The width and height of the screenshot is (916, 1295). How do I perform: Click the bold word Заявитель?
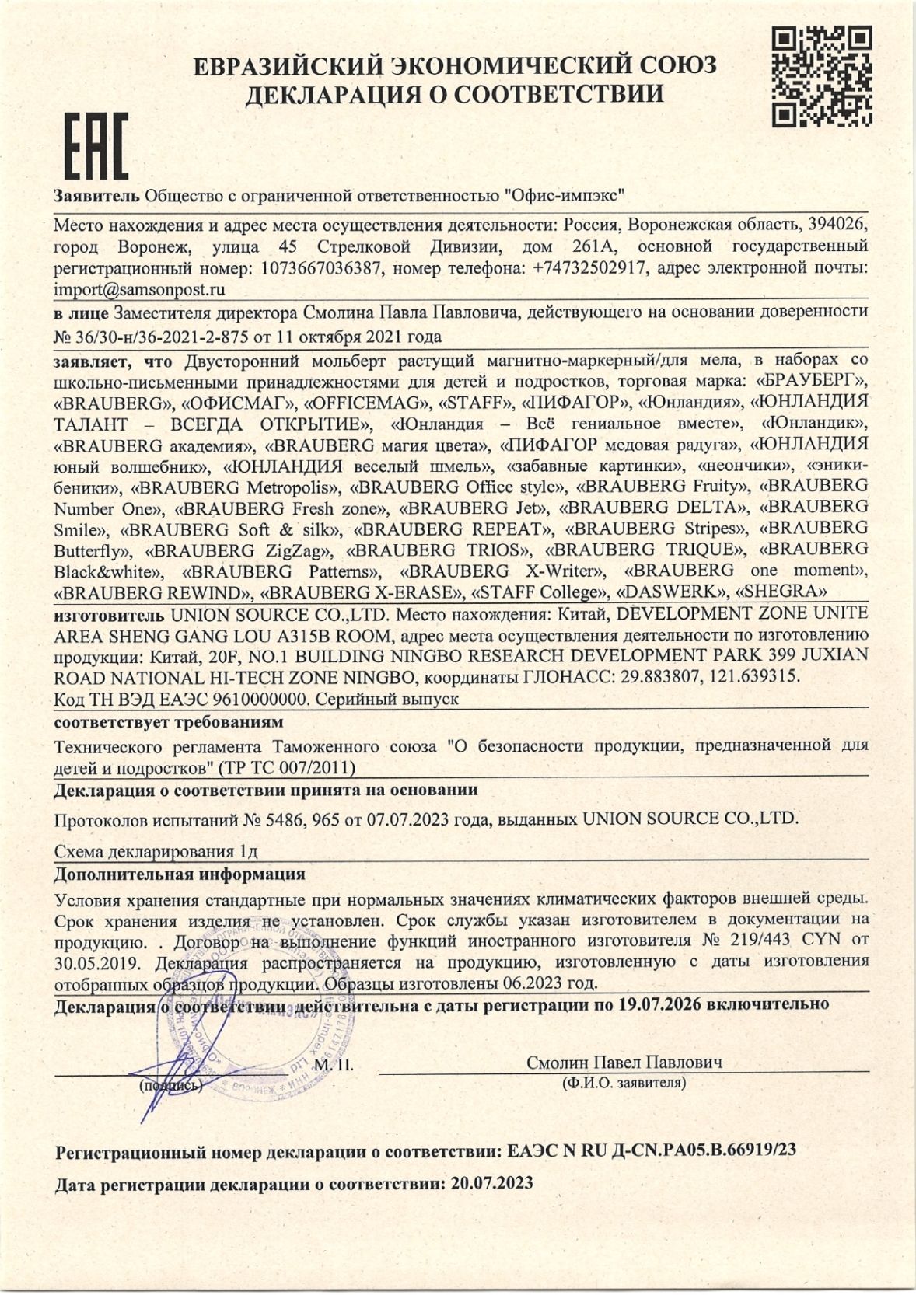point(96,194)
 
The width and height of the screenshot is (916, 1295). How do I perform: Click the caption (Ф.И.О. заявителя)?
point(624,1082)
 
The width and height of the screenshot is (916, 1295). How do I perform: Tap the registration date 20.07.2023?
point(488,1184)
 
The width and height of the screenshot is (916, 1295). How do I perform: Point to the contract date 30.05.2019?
point(91,962)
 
